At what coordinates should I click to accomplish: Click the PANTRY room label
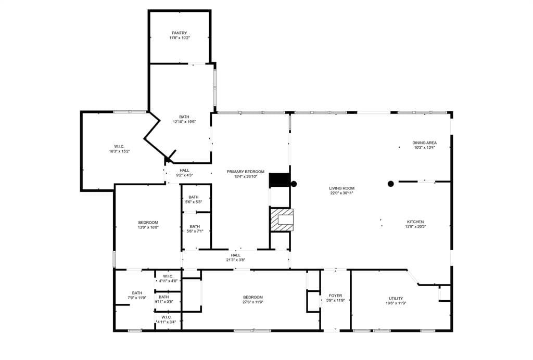(179, 33)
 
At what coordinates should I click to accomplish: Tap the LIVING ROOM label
(341, 188)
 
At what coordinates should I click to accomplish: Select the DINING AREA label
(424, 143)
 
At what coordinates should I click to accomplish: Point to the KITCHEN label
(415, 222)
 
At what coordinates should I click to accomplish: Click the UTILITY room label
(396, 299)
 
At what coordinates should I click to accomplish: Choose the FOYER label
(335, 296)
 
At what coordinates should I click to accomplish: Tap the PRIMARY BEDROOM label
(246, 172)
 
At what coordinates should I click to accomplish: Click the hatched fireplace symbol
(282, 220)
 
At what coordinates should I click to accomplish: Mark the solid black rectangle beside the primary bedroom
(280, 180)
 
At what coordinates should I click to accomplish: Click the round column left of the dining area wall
(390, 184)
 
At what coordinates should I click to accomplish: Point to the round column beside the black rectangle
(294, 184)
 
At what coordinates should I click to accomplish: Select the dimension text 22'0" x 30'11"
(341, 193)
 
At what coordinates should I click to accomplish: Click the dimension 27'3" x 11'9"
(253, 302)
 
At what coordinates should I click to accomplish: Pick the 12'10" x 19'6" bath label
(184, 119)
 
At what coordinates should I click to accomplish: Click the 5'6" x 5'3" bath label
(194, 199)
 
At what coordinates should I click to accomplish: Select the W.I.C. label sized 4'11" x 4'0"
(168, 278)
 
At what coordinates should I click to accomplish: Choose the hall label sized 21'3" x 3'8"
(236, 258)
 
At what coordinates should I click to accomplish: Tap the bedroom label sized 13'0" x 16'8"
(148, 225)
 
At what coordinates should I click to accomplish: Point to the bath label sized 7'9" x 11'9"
(137, 295)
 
